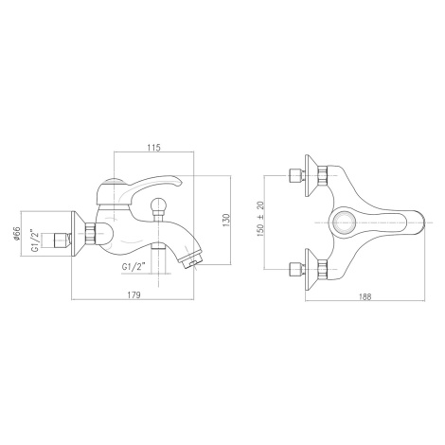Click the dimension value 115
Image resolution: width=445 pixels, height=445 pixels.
[154, 148]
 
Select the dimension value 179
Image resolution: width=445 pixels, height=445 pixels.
[133, 295]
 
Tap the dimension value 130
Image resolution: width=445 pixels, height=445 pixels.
[226, 220]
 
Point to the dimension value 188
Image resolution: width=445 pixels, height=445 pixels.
[365, 296]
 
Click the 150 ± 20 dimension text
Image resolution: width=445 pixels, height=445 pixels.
[261, 219]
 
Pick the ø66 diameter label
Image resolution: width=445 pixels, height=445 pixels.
[17, 234]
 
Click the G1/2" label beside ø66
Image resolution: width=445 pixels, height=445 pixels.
[35, 240]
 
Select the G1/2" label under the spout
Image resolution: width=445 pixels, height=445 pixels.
[133, 266]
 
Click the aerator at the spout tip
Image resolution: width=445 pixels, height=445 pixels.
[190, 258]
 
